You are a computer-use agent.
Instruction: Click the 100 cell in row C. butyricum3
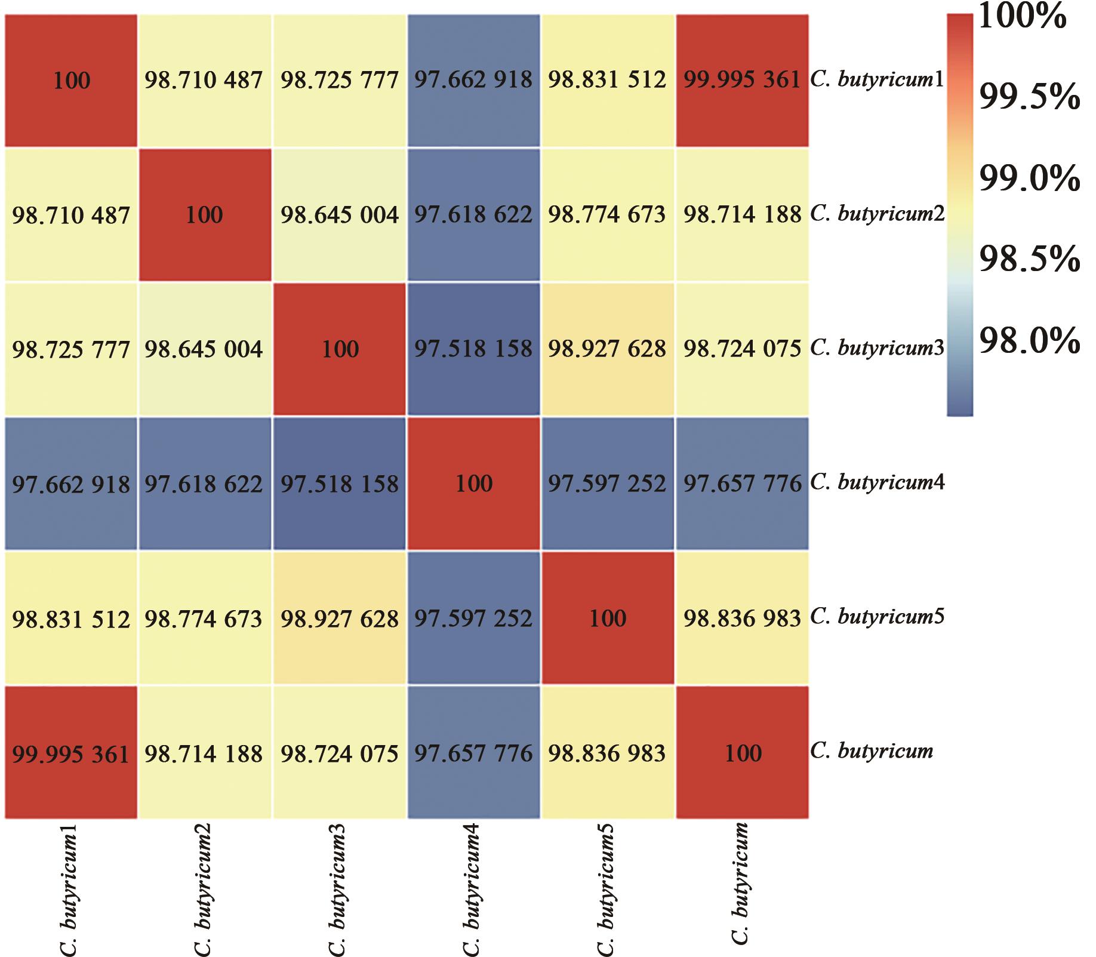coord(340,349)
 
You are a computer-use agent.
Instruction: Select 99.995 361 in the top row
coord(742,80)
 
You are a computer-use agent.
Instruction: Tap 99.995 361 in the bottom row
coord(71,753)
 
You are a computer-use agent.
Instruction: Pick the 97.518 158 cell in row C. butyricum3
coord(473,349)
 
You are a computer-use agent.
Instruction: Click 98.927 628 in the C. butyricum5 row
coord(340,618)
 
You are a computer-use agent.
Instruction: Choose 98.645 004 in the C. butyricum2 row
coord(340,215)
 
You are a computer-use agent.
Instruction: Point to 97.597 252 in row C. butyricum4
coord(607,484)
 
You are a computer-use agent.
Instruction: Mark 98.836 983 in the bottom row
coord(607,753)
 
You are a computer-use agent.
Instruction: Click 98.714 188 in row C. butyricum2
coord(742,215)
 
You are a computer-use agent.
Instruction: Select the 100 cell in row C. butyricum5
coord(607,618)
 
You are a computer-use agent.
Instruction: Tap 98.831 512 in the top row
coord(607,80)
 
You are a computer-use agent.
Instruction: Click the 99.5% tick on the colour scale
coord(1029,97)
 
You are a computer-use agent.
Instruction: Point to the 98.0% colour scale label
coord(1029,341)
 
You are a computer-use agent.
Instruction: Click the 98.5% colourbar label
coord(1029,260)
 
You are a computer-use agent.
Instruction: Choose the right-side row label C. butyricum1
coord(877,79)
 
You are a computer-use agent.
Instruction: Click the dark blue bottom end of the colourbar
coord(959,406)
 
